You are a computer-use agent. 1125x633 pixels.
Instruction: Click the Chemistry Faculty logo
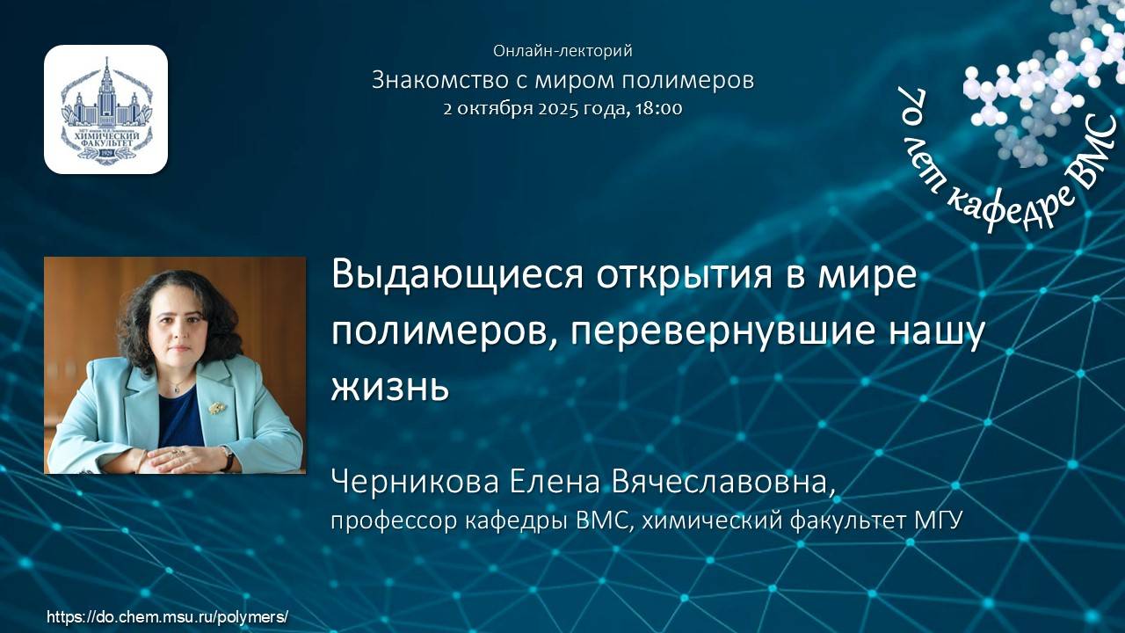click(x=105, y=109)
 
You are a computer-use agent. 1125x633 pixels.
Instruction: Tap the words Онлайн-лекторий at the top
click(x=562, y=51)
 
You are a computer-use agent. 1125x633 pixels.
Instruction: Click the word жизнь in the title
click(x=389, y=387)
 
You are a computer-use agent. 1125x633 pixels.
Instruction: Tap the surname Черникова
click(x=411, y=483)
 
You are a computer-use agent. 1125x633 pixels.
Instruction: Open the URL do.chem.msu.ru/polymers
click(x=167, y=617)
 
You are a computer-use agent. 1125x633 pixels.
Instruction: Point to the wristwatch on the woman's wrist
click(x=228, y=456)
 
